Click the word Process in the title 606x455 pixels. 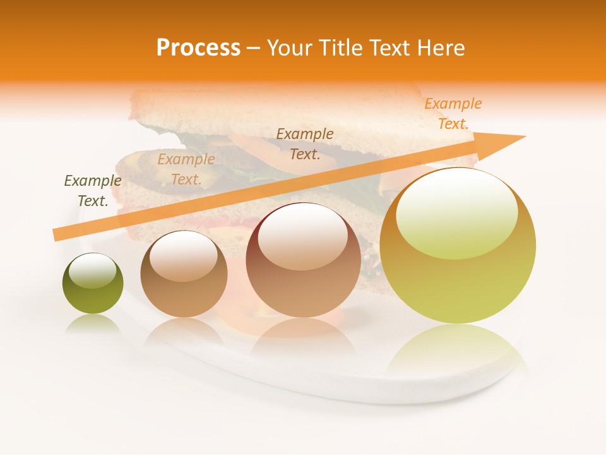pos(198,48)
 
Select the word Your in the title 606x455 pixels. pos(290,48)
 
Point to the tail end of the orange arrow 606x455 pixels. pos(56,234)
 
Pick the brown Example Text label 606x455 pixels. pos(305,143)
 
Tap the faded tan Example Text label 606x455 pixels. pos(186,169)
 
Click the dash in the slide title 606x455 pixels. pos(254,48)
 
